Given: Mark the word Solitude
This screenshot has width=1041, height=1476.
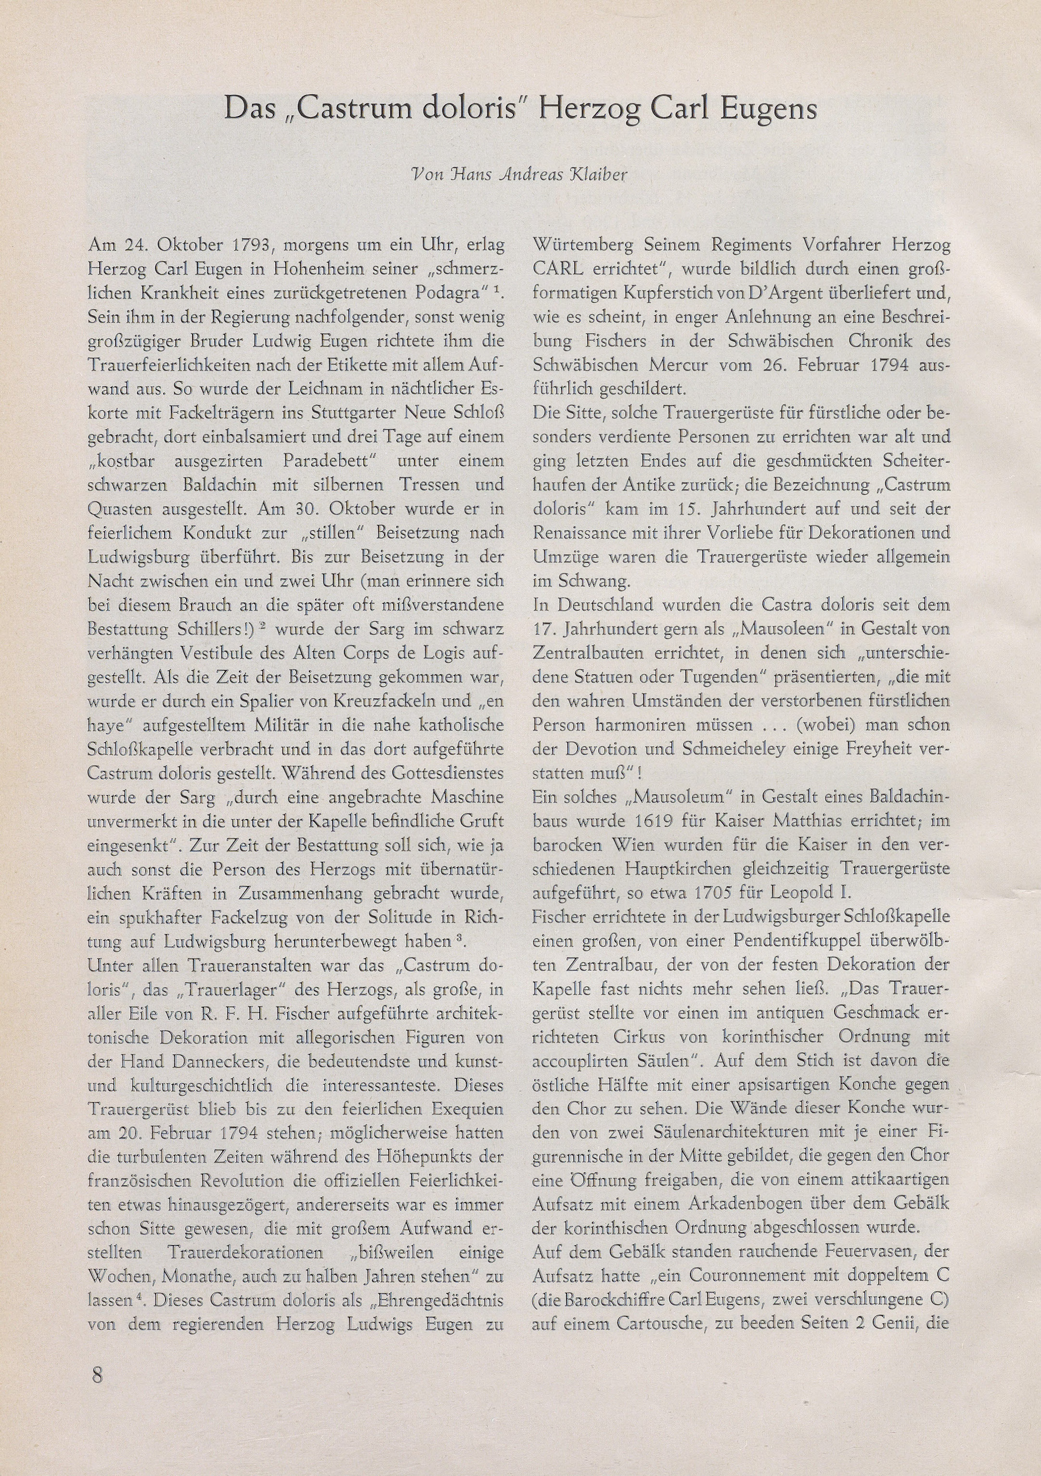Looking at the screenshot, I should pyautogui.click(x=386, y=917).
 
